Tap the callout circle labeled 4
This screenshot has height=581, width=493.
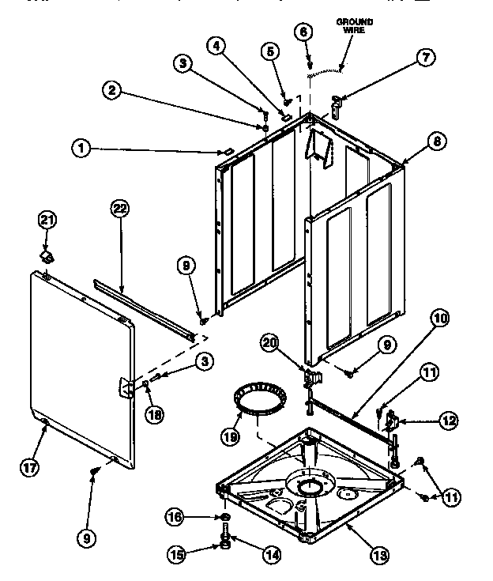tap(214, 46)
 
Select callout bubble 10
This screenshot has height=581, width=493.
tap(438, 319)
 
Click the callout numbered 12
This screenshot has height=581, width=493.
tap(448, 421)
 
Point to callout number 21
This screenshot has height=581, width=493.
tap(48, 219)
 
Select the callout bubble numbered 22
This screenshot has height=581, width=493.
tap(119, 209)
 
